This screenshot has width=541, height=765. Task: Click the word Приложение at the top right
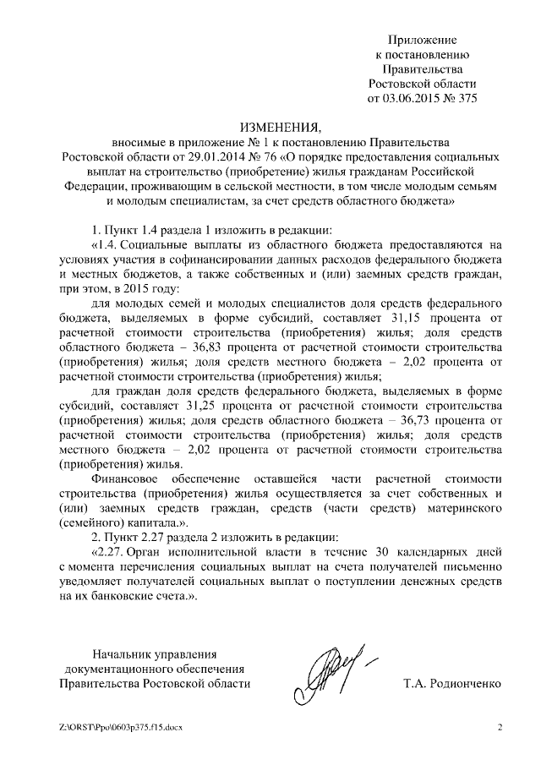tap(423, 40)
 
